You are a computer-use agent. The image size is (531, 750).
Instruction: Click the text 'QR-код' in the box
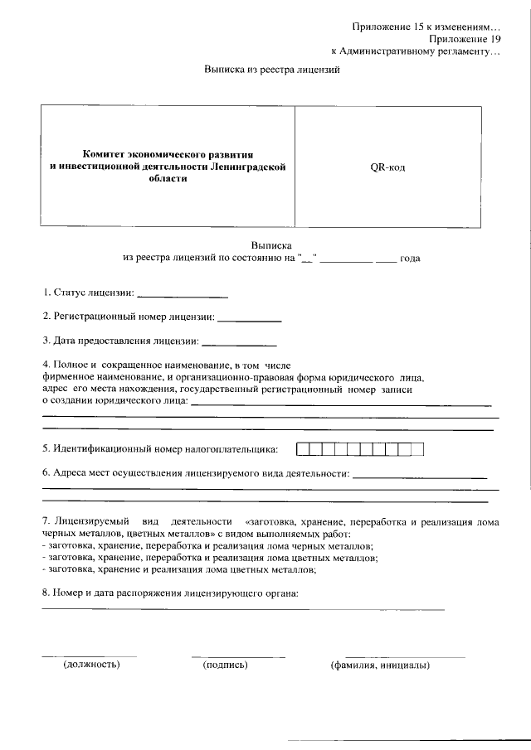tap(387, 167)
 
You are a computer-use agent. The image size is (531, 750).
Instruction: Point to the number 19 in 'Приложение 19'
tap(495, 39)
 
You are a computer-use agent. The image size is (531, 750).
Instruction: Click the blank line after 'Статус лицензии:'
tap(182, 295)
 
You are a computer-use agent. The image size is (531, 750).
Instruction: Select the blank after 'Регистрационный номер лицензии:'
tap(249, 319)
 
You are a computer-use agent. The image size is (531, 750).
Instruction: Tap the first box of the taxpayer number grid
tap(303, 450)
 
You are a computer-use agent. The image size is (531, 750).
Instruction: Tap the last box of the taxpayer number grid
tap(417, 450)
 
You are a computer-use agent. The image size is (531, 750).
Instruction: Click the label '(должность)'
tap(91, 665)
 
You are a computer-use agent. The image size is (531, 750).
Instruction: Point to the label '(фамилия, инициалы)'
tap(379, 665)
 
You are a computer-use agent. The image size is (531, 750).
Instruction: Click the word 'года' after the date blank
tap(410, 259)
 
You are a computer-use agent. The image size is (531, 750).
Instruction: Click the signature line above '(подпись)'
tap(237, 656)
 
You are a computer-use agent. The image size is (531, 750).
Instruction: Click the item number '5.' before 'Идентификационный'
tap(46, 450)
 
